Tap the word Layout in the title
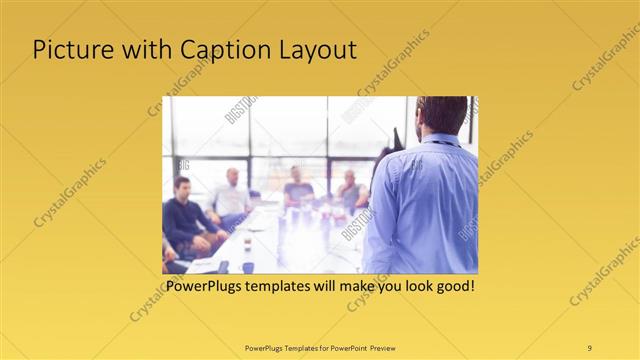pos(313,51)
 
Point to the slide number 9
pos(589,347)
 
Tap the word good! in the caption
pos(453,286)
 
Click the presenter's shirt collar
pos(440,139)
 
